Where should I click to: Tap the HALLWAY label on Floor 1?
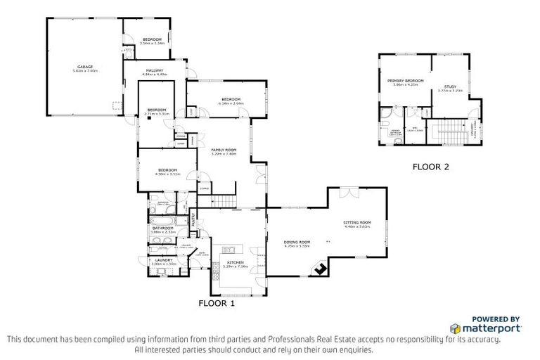pyautogui.click(x=155, y=70)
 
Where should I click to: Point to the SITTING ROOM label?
pyautogui.click(x=357, y=222)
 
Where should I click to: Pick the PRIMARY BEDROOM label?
pyautogui.click(x=406, y=81)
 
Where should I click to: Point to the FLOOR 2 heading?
pyautogui.click(x=430, y=167)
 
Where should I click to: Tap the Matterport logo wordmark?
pyautogui.click(x=490, y=328)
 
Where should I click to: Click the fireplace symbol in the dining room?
pyautogui.click(x=321, y=268)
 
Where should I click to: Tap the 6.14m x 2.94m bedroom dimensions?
pyautogui.click(x=232, y=104)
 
